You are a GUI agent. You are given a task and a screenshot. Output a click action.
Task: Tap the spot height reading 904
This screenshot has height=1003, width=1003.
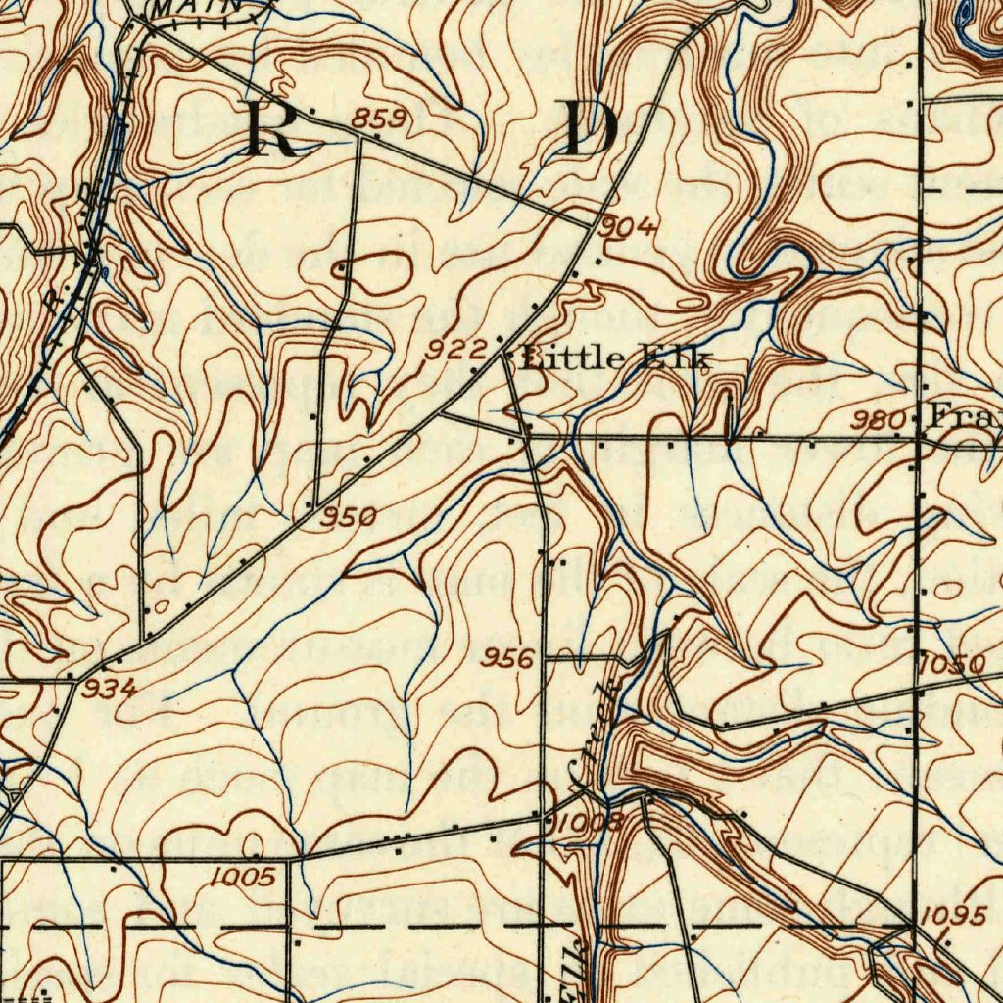point(628,227)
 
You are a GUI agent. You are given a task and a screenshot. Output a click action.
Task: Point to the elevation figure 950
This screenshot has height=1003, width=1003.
point(350,516)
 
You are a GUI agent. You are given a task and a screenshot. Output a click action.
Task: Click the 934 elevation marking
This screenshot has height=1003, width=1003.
point(109,689)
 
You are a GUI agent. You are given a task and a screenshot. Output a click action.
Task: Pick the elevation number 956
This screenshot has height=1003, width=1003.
point(508,658)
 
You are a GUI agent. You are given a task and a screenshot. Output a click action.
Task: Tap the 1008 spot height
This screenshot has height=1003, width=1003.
point(589,822)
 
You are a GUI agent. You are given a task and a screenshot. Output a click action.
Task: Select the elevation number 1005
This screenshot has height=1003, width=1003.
point(242,877)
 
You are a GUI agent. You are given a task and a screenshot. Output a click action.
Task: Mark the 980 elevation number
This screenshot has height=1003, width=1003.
point(878,421)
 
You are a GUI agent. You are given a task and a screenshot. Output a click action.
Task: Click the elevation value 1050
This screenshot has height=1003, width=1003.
point(953,665)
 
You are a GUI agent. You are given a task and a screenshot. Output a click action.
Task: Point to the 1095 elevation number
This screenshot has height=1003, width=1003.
point(953,915)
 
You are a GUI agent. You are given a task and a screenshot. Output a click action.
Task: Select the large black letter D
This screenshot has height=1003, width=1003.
point(592,128)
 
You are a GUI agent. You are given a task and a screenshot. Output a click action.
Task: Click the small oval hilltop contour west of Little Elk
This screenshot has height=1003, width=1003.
point(371,274)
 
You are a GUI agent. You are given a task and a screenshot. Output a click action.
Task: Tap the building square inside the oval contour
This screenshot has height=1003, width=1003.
point(341,267)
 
